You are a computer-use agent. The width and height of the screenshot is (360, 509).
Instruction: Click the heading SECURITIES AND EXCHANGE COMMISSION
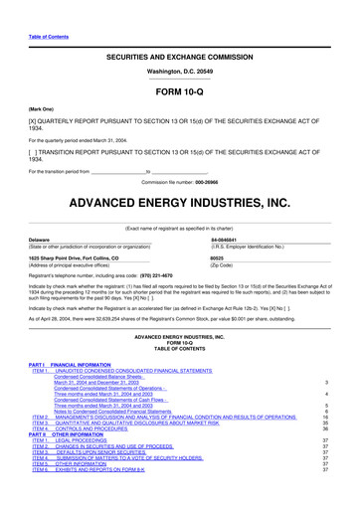[179, 31]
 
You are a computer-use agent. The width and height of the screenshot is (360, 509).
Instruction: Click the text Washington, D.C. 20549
[179, 46]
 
